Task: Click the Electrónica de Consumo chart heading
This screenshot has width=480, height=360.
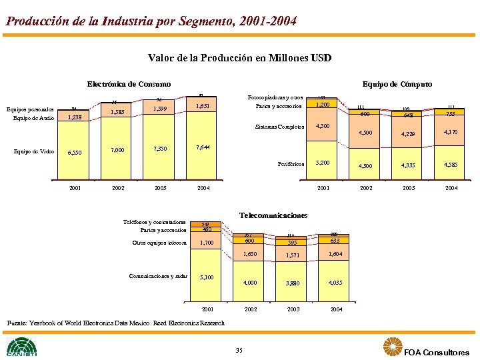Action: pyautogui.click(x=129, y=84)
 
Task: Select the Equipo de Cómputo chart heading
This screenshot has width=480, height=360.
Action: pyautogui.click(x=397, y=84)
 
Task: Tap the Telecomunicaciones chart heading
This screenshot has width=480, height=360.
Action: pyautogui.click(x=273, y=215)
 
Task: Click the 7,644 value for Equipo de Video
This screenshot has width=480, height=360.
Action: pyautogui.click(x=203, y=147)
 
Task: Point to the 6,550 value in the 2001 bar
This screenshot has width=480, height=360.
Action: pyautogui.click(x=74, y=153)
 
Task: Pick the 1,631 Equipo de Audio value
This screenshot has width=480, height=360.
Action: pyautogui.click(x=203, y=106)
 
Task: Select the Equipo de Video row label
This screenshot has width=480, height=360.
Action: pyautogui.click(x=34, y=151)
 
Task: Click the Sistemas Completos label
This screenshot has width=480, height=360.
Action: pyautogui.click(x=283, y=127)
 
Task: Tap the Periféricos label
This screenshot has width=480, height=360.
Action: pyautogui.click(x=291, y=163)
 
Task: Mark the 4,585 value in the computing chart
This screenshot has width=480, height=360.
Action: pyautogui.click(x=450, y=165)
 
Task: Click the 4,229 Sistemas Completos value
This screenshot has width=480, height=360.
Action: pyautogui.click(x=407, y=135)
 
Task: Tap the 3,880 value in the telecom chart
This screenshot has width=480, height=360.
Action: pyautogui.click(x=293, y=283)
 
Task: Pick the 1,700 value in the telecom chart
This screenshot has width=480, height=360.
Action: pyautogui.click(x=207, y=243)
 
